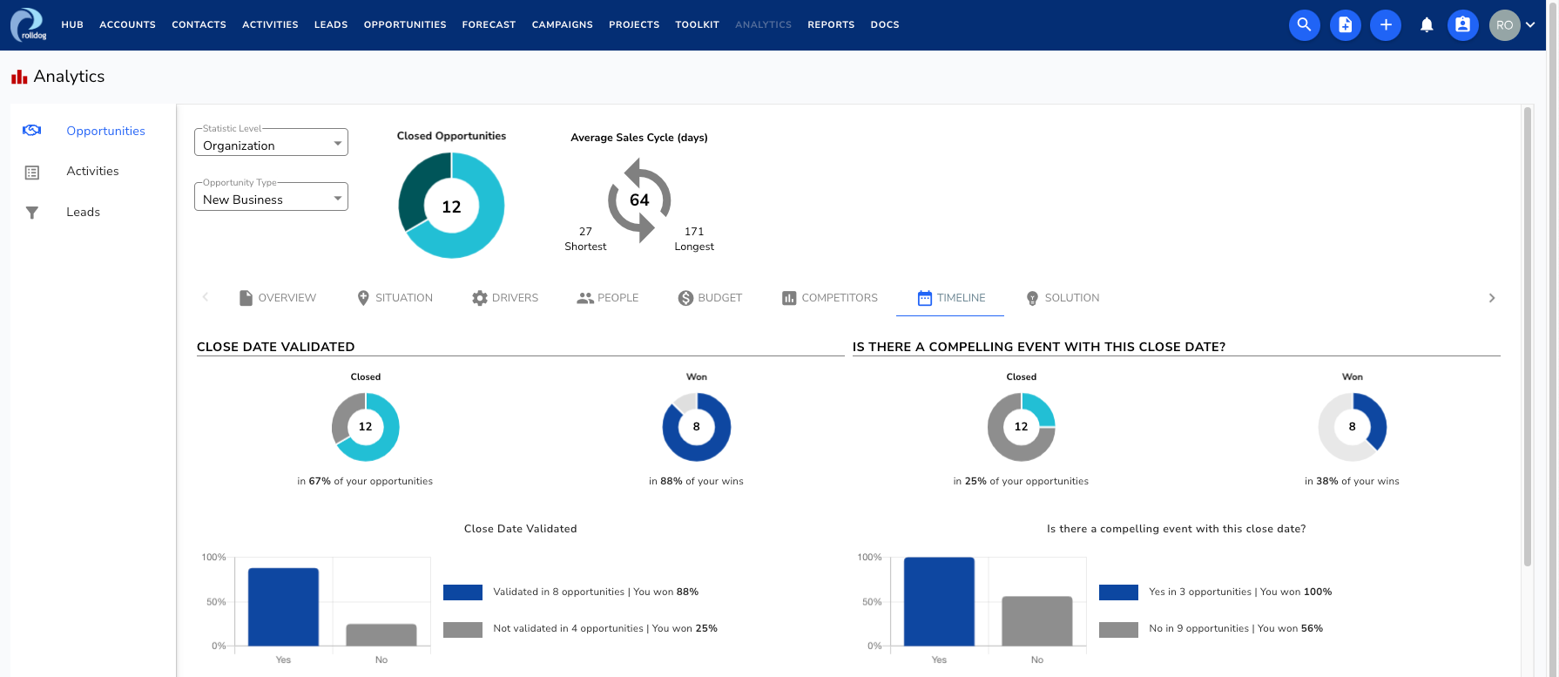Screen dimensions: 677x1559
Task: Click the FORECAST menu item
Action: [x=489, y=24]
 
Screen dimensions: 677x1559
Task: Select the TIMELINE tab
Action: [x=950, y=298]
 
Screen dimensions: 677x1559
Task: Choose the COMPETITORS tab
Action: [x=829, y=298]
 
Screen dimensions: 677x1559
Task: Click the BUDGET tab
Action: [x=710, y=298]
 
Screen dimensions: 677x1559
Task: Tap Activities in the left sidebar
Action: [x=92, y=171]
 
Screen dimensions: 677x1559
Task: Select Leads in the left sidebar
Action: [x=83, y=212]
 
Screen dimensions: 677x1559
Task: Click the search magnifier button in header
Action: [x=1304, y=24]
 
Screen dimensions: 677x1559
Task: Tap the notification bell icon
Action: [x=1426, y=25]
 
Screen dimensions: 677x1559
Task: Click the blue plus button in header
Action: [x=1385, y=24]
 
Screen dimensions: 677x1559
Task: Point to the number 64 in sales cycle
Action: [x=639, y=200]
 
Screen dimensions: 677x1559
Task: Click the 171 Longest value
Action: [x=694, y=238]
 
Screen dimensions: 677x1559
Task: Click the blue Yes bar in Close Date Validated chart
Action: [x=283, y=606]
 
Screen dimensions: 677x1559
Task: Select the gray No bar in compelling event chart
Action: [x=1036, y=620]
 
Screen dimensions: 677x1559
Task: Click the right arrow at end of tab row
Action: [x=1491, y=298]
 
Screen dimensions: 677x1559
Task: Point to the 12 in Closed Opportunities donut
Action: [x=451, y=206]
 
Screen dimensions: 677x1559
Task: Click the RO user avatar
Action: [x=1504, y=25]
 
